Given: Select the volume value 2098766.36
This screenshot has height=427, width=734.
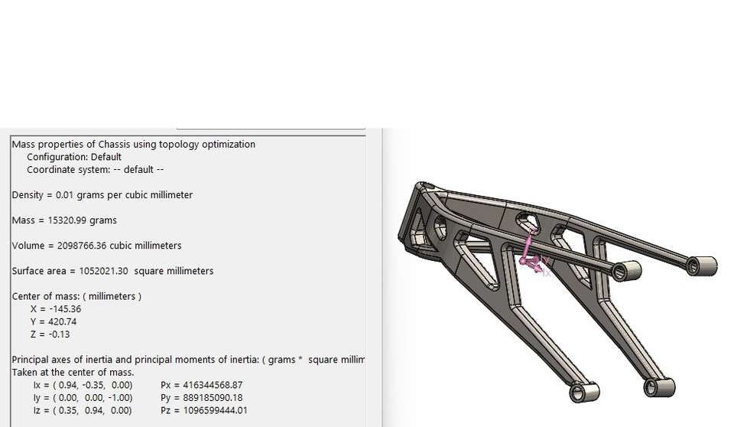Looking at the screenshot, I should pos(82,246).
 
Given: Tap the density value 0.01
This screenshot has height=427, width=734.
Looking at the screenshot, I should pos(66,195).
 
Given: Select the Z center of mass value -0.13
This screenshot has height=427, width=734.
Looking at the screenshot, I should pos(59,334).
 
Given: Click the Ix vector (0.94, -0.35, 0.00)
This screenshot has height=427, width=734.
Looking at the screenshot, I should pos(90,385).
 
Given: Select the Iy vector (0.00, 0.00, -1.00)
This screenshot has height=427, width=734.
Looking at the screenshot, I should pos(90,398).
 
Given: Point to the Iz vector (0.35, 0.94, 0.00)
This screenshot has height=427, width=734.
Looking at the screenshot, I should pos(90,410).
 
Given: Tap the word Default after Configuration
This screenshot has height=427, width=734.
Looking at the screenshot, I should pos(106,157).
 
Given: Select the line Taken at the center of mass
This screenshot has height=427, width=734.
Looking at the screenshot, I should pos(73,373).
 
